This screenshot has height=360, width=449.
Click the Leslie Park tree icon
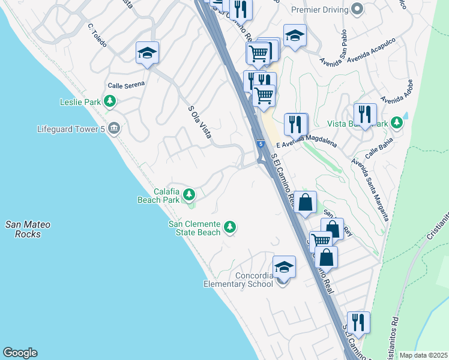[109, 102]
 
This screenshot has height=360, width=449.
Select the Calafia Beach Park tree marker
[189, 194]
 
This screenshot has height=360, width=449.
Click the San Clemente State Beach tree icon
[229, 227]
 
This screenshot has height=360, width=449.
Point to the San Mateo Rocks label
[28, 229]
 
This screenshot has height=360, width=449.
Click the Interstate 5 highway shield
[260, 145]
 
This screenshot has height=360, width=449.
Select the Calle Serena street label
[126, 85]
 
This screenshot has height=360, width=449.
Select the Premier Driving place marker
[358, 10]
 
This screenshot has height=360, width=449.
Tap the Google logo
[20, 353]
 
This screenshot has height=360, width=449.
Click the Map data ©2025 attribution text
[423, 355]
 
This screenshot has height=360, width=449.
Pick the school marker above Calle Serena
[147, 53]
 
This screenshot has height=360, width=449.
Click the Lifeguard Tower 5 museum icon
[114, 128]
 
